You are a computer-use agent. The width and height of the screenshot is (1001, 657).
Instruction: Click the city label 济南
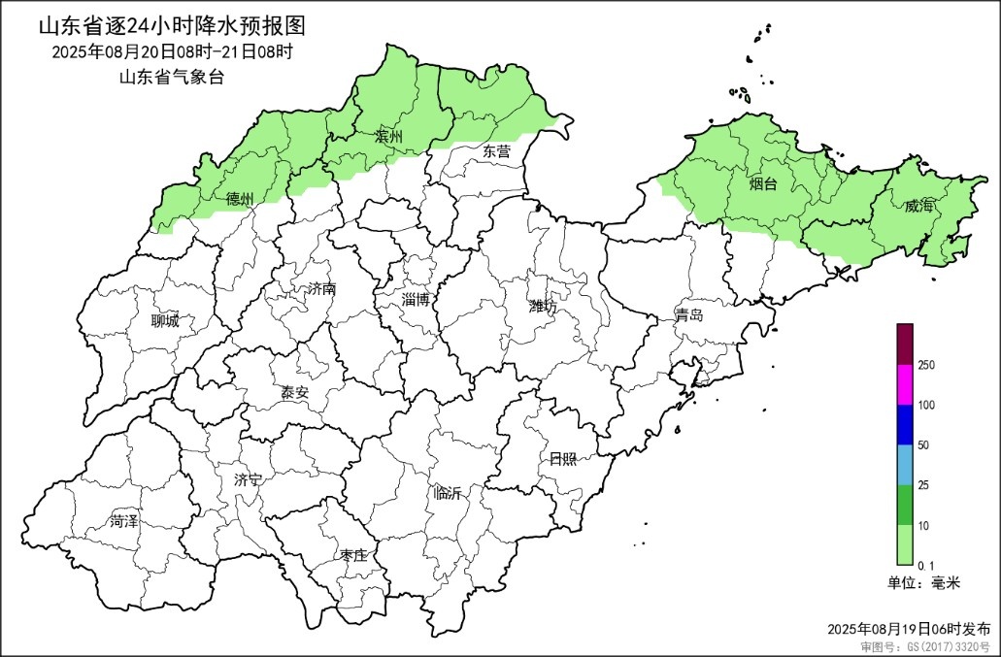(x=320, y=289)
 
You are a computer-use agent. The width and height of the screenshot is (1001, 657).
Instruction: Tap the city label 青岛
(x=689, y=315)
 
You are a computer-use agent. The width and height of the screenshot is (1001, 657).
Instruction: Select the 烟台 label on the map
(x=762, y=183)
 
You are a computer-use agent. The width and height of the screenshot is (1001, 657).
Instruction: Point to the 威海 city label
(x=918, y=206)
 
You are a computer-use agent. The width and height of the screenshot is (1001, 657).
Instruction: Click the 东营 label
(x=495, y=151)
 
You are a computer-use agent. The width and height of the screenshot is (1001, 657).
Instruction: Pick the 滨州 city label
(x=388, y=138)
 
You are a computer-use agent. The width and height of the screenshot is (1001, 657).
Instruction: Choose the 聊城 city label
(x=165, y=321)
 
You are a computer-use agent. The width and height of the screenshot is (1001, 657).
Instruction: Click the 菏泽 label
(x=124, y=521)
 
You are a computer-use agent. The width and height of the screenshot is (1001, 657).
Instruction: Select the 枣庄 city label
(x=352, y=555)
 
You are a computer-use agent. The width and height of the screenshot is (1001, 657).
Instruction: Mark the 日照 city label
(x=563, y=459)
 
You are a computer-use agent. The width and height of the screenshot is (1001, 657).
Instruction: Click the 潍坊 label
(x=543, y=307)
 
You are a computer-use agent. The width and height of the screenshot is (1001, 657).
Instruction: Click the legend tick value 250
(x=925, y=365)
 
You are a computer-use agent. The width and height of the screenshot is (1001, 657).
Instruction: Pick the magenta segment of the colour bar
(x=905, y=384)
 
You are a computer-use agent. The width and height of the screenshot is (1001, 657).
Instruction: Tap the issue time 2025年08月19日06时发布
(x=910, y=629)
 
